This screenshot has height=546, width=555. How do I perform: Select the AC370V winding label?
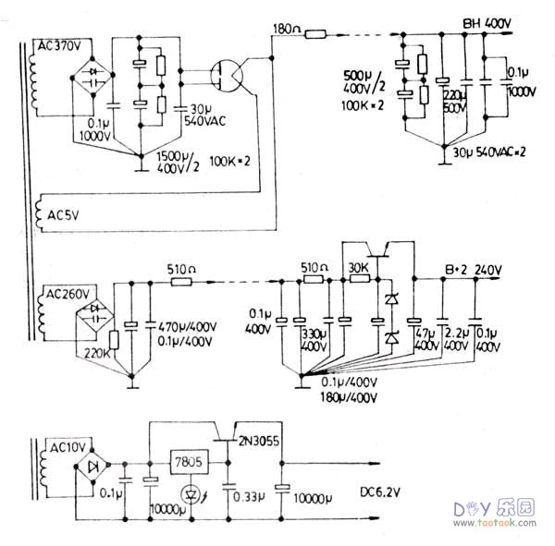pyautogui.click(x=59, y=44)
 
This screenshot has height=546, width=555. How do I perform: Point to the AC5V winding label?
pyautogui.click(x=62, y=215)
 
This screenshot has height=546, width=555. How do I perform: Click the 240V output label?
pyautogui.click(x=487, y=270)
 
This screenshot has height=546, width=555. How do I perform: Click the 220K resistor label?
pyautogui.click(x=95, y=352)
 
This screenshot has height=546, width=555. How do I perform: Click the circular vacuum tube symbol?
pyautogui.click(x=228, y=77)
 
